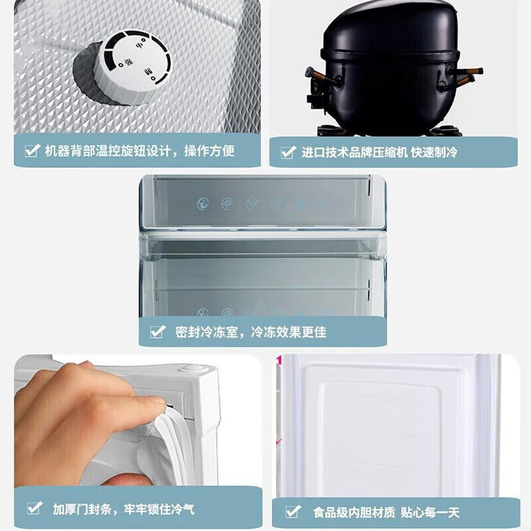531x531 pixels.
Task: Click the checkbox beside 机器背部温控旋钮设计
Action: (31, 151)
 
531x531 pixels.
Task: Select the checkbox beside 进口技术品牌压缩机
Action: (287, 153)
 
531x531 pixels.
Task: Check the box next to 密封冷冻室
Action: (157, 332)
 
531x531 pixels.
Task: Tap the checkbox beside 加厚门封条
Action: (34, 509)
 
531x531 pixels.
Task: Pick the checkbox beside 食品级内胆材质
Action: (293, 511)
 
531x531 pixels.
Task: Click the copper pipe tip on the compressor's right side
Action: (474, 71)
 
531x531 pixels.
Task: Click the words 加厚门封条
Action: (82, 510)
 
